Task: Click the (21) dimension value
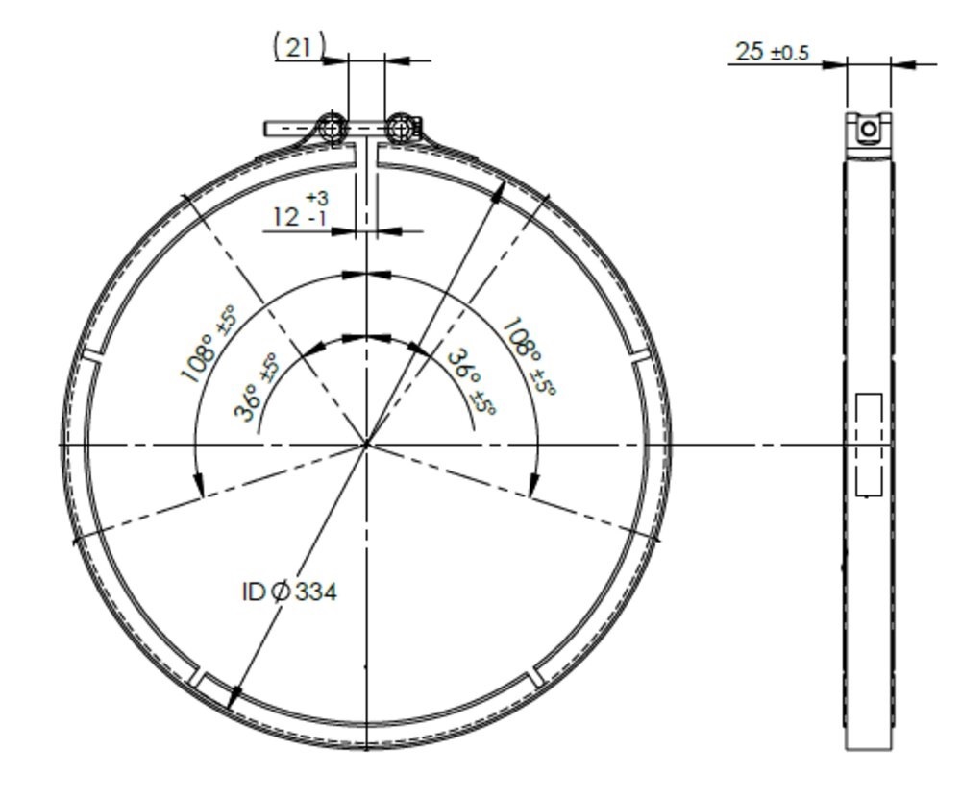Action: (x=300, y=46)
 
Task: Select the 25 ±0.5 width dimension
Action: (x=771, y=52)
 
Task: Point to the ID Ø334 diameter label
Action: (x=288, y=592)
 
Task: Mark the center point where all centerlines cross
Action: (x=366, y=445)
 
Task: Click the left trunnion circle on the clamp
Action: (x=332, y=127)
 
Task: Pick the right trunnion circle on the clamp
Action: (x=401, y=126)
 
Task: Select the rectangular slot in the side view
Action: (x=869, y=445)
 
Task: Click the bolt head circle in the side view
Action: (x=869, y=129)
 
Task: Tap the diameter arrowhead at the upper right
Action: (x=501, y=189)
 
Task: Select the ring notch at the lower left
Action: (x=195, y=678)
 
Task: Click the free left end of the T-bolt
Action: (x=269, y=128)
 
